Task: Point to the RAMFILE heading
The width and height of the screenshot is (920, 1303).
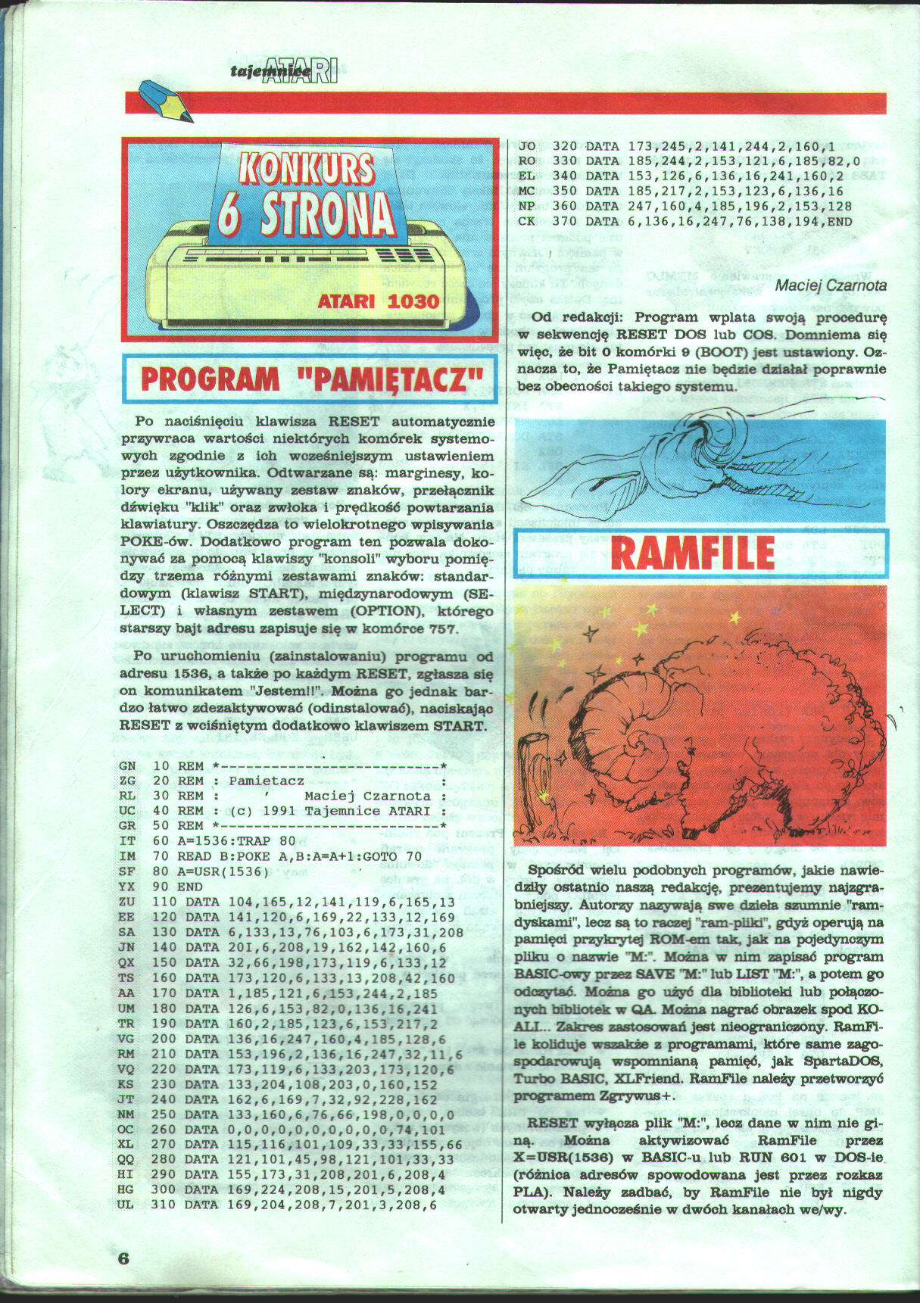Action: click(692, 552)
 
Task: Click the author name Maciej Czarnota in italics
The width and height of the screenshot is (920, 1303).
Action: click(831, 285)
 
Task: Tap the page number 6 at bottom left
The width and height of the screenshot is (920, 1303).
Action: click(124, 1258)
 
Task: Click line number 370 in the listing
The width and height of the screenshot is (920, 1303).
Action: click(564, 222)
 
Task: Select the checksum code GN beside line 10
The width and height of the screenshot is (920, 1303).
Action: click(127, 766)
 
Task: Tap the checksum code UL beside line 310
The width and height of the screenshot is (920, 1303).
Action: click(126, 1205)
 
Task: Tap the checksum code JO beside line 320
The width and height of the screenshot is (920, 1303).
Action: click(527, 145)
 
